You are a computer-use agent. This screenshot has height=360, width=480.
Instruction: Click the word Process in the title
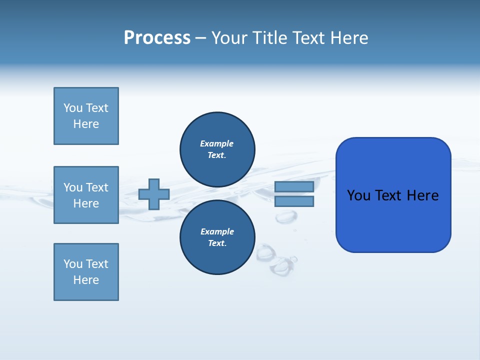[x=157, y=38]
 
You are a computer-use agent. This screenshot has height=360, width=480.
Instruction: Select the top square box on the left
[x=86, y=116]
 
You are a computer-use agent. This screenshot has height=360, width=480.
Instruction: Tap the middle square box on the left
[x=86, y=195]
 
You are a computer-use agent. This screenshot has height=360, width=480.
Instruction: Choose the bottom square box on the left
[x=86, y=272]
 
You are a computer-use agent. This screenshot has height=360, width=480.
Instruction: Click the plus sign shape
[x=154, y=194]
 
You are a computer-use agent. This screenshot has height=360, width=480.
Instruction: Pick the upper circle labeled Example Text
[x=217, y=149]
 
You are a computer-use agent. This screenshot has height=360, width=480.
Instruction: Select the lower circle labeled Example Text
[x=217, y=237]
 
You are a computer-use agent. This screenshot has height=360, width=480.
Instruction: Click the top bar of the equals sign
[x=294, y=187]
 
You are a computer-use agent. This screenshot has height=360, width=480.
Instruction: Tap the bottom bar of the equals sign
[x=294, y=201]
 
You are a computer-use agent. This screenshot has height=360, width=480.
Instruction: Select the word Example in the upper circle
[x=217, y=143]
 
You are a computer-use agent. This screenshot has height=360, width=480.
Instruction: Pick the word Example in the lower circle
[x=217, y=231]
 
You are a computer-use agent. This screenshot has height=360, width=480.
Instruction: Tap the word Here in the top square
[x=86, y=124]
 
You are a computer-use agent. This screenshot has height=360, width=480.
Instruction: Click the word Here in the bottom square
[x=86, y=280]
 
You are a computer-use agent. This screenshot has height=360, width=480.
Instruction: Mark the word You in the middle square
[x=72, y=187]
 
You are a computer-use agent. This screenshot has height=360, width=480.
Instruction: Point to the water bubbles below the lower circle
[x=278, y=260]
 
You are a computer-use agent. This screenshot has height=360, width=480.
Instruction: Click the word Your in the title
[x=229, y=38]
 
